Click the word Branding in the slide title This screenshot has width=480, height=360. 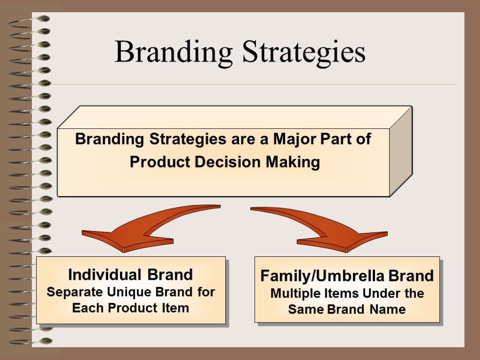[x=173, y=52]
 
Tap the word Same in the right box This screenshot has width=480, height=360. [x=305, y=309]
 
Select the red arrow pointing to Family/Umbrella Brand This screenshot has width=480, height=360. [x=328, y=230]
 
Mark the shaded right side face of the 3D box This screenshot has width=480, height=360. [x=401, y=150]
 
